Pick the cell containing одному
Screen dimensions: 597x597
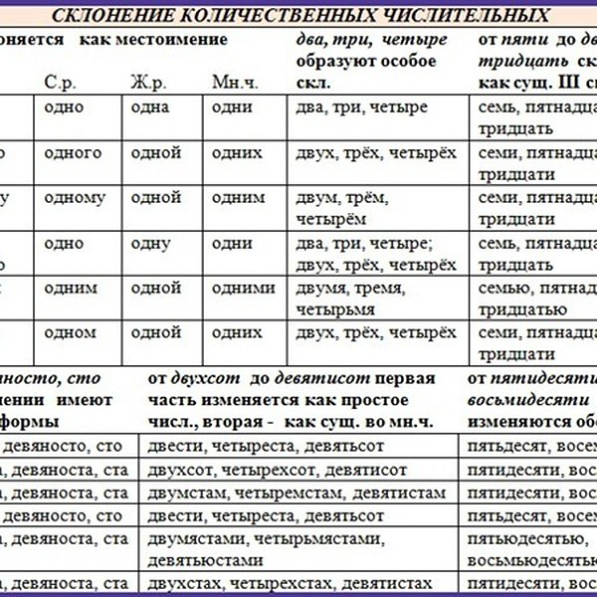coord(77,197)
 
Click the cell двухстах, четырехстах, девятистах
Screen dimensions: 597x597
coord(290,584)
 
